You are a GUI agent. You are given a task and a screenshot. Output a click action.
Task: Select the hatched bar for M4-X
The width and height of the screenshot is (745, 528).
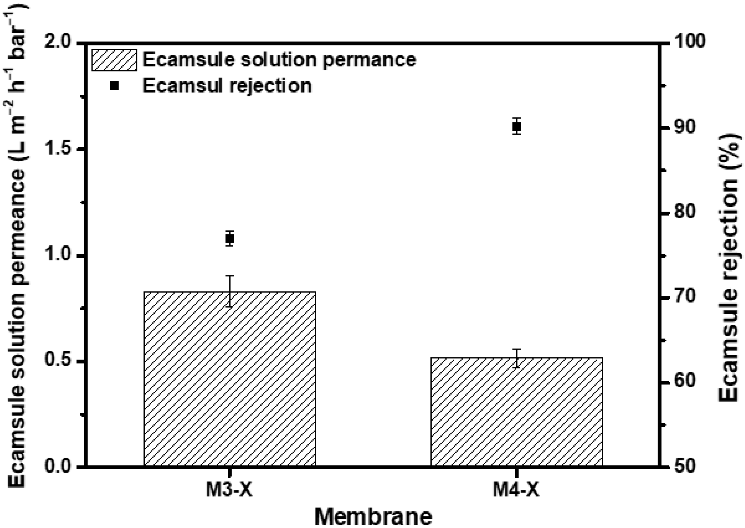[x=516, y=411]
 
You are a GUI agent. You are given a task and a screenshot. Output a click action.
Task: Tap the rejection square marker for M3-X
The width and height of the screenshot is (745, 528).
[x=230, y=239]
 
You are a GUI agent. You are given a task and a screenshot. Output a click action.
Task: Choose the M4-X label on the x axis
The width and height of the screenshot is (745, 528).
[x=516, y=490]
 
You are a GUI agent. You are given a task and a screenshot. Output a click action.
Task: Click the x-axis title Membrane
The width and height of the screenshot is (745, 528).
[x=373, y=517]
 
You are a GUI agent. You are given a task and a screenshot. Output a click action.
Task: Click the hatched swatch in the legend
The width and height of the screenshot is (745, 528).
[x=114, y=60]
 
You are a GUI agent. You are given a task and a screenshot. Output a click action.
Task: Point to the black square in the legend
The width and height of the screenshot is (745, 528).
[x=114, y=86]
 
